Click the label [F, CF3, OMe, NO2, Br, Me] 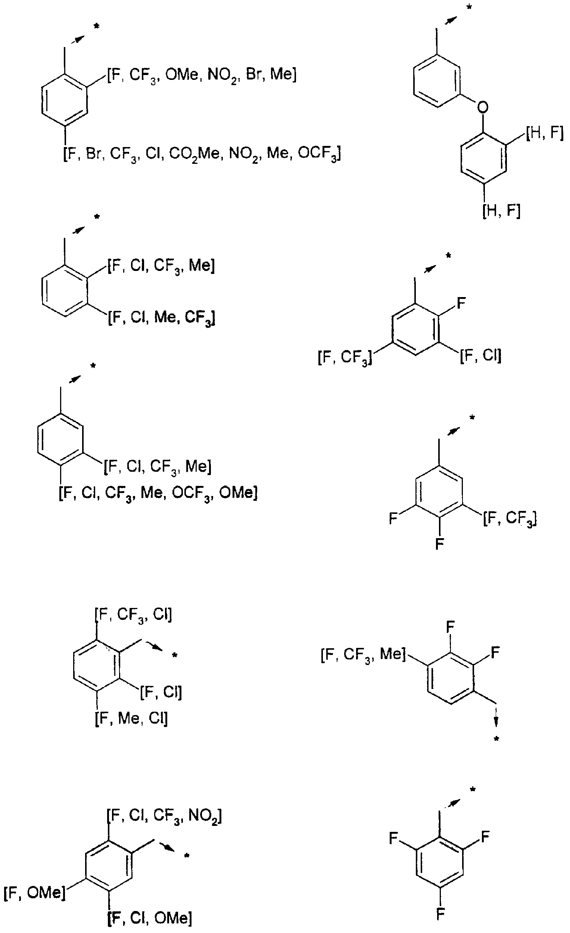202,75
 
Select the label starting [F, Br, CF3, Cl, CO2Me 202,154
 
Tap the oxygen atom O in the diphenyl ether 483,107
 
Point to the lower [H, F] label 501,210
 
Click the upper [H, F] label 545,133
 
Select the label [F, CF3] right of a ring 510,518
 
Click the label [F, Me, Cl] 131,718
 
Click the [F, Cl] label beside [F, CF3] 481,356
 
